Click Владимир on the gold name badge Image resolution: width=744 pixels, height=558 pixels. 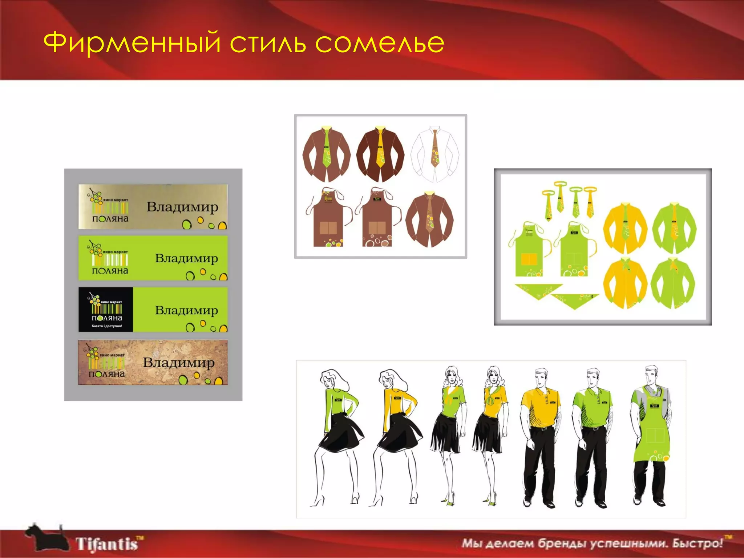(182, 207)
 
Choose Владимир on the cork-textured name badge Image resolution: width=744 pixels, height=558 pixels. (178, 362)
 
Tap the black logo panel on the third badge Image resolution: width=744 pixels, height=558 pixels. (106, 310)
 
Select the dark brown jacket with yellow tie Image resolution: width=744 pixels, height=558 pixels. (380, 154)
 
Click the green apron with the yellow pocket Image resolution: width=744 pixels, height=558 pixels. (529, 251)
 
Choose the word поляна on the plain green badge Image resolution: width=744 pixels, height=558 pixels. (110, 271)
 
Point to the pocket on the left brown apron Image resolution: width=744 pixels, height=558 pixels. (328, 227)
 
